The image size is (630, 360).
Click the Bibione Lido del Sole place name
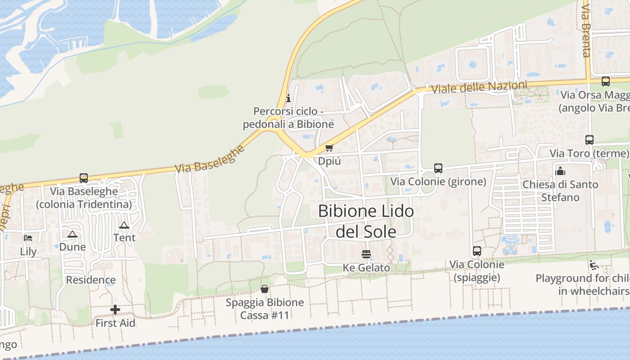point(366,221)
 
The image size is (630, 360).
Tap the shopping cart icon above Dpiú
point(329,148)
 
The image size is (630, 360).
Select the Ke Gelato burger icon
point(366,254)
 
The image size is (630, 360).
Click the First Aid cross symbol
point(115,310)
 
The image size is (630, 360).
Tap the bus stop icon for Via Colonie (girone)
point(438,168)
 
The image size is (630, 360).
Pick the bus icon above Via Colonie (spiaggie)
point(477,251)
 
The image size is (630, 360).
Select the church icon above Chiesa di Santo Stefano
point(560,171)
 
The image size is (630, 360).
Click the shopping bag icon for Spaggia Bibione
point(265,288)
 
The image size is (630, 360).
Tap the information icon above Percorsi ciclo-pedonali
point(288,98)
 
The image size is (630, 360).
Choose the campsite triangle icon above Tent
point(124,225)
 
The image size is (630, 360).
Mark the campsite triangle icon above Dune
point(72,234)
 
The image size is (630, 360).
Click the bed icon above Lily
point(28,238)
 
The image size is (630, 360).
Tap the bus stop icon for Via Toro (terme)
point(589,140)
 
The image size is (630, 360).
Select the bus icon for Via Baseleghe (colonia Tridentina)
point(84,178)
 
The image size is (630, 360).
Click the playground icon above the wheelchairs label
point(594,265)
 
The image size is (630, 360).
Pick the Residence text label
point(91,280)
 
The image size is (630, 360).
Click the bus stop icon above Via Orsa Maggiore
point(606,81)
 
